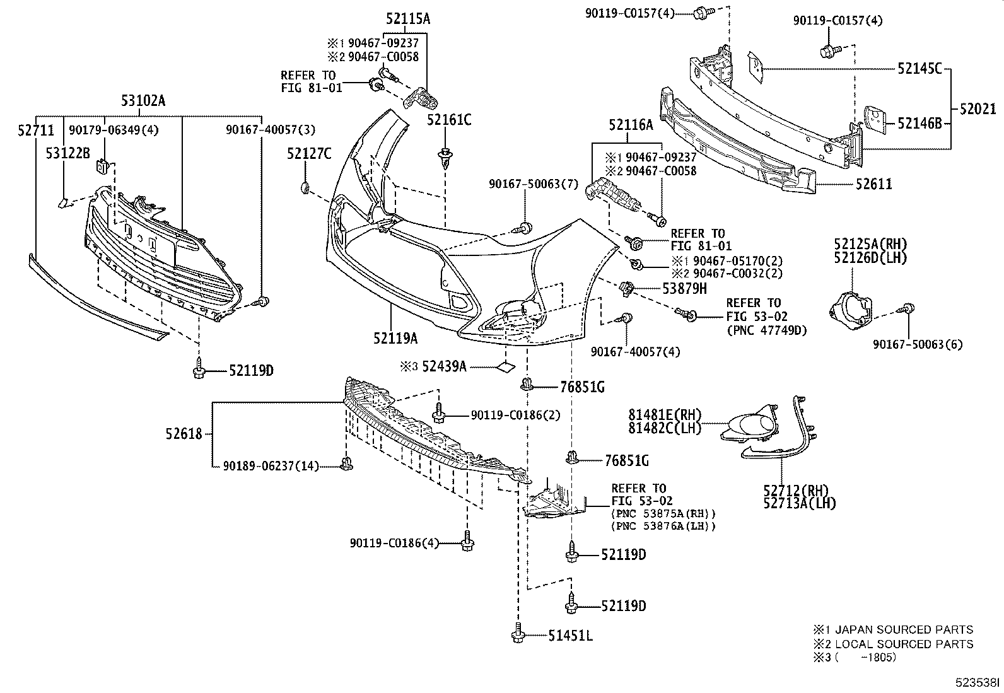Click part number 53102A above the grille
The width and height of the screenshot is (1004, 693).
click(143, 100)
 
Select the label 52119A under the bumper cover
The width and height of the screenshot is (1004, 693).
click(395, 339)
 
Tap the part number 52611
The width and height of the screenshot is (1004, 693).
click(873, 184)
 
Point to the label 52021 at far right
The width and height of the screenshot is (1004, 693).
click(978, 109)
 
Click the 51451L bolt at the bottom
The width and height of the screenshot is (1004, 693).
click(517, 634)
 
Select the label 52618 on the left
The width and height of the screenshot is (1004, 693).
click(184, 433)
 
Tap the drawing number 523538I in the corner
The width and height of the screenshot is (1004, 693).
click(976, 682)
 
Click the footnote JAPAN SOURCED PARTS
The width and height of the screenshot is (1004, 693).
click(901, 629)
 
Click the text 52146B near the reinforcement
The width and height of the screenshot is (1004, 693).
click(919, 124)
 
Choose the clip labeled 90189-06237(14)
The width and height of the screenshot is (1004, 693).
click(346, 465)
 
